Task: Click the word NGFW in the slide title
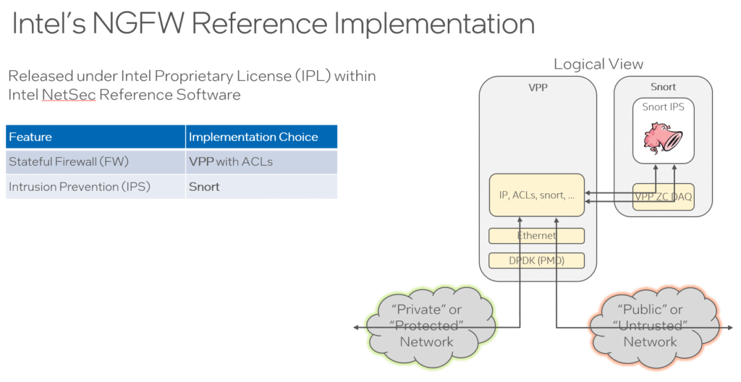[138, 23]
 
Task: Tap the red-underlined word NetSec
[69, 95]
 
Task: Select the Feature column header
[96, 137]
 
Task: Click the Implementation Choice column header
[261, 137]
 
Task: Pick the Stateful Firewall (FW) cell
[96, 161]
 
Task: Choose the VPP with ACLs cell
[261, 161]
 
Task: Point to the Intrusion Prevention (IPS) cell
[96, 187]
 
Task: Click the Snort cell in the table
[261, 187]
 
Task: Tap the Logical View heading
[598, 64]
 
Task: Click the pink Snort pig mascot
[664, 138]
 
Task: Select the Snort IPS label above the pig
[663, 107]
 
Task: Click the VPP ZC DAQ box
[664, 197]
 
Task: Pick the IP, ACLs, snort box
[537, 195]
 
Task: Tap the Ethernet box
[537, 235]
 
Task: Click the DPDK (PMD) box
[537, 260]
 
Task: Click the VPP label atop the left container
[538, 88]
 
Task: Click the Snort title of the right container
[663, 87]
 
